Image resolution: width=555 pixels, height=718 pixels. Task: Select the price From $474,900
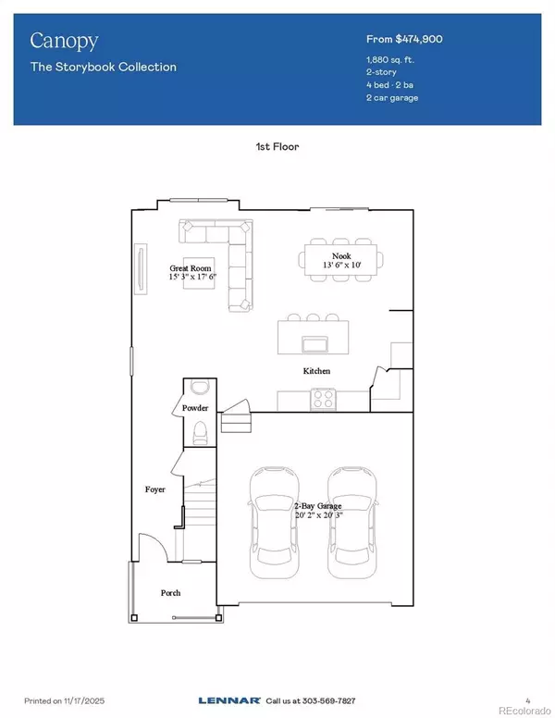tap(413, 41)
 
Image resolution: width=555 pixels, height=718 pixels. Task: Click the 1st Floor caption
tap(277, 146)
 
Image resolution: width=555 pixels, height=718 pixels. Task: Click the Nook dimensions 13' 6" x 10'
tap(341, 266)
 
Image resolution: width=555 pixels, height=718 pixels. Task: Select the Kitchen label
tap(316, 371)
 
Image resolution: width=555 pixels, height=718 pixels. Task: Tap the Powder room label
tap(195, 408)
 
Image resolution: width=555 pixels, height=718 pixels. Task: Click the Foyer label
tap(154, 489)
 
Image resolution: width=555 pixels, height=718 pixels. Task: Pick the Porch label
tap(170, 592)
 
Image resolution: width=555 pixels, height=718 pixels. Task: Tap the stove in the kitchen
tap(324, 399)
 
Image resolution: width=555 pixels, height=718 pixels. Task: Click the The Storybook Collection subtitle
tap(103, 67)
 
